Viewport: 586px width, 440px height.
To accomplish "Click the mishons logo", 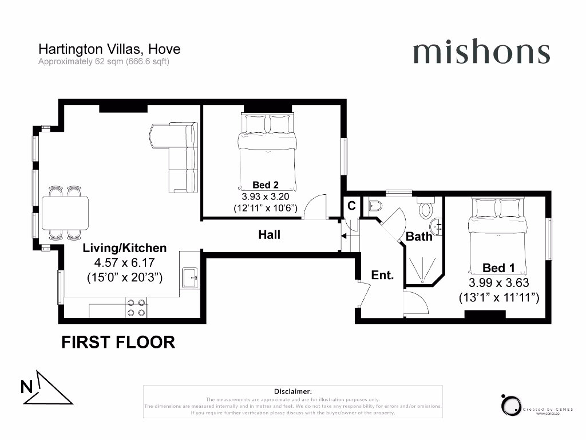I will pyautogui.click(x=481, y=53).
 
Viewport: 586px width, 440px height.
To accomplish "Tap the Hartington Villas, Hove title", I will pyautogui.click(x=109, y=49).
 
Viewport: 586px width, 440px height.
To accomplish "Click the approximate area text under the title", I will pyautogui.click(x=104, y=62).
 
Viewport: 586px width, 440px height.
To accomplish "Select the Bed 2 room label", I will pyautogui.click(x=266, y=184).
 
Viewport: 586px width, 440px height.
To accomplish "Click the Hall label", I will pyautogui.click(x=269, y=235).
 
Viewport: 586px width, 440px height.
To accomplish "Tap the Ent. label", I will pyautogui.click(x=382, y=276).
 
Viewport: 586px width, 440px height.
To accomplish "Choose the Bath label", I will pyautogui.click(x=419, y=236).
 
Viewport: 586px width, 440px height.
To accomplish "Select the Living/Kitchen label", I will pyautogui.click(x=125, y=248).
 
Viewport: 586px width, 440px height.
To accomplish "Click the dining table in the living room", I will pyautogui.click(x=65, y=213).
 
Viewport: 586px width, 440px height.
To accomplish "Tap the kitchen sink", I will pyautogui.click(x=189, y=278).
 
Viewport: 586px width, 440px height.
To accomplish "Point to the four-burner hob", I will pyautogui.click(x=136, y=308).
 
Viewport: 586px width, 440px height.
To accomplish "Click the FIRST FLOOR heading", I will pyautogui.click(x=118, y=343).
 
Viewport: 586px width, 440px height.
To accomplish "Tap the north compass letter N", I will pyautogui.click(x=27, y=387).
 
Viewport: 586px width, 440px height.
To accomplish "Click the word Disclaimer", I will pyautogui.click(x=292, y=391).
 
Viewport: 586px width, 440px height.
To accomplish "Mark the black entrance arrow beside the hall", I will pyautogui.click(x=344, y=235).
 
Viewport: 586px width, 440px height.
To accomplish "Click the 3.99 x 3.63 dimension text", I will pyautogui.click(x=498, y=282).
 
